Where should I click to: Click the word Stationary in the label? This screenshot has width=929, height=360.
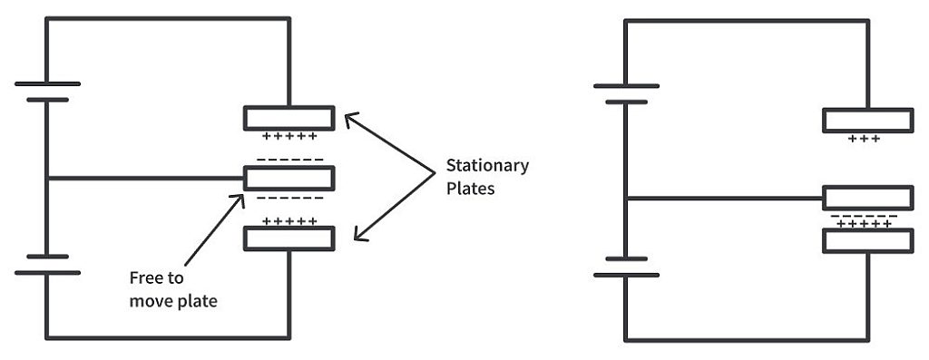(487, 166)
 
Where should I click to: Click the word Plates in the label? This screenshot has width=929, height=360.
(470, 190)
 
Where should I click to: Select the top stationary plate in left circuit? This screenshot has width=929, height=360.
(289, 118)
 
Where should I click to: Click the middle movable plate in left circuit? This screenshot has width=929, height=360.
(289, 178)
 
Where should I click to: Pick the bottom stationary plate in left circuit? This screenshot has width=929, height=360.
(289, 238)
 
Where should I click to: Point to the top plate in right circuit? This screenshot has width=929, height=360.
(867, 120)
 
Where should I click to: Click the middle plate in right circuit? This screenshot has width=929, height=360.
(867, 198)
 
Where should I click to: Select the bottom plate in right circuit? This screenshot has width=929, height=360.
(867, 240)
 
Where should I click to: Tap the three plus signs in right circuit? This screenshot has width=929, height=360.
(865, 139)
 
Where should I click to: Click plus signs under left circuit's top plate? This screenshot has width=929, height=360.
(289, 137)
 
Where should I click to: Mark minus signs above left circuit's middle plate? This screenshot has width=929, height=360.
(289, 160)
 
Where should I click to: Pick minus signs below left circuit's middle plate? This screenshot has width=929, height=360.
(289, 197)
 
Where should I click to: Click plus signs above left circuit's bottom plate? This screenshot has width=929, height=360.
(289, 220)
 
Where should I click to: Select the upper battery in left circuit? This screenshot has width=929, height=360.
(47, 92)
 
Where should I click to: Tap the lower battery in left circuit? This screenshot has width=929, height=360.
(47, 264)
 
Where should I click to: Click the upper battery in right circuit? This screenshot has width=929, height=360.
(626, 93)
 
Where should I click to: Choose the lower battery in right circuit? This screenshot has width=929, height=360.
(626, 266)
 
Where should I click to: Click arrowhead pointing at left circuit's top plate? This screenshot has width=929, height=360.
(348, 118)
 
